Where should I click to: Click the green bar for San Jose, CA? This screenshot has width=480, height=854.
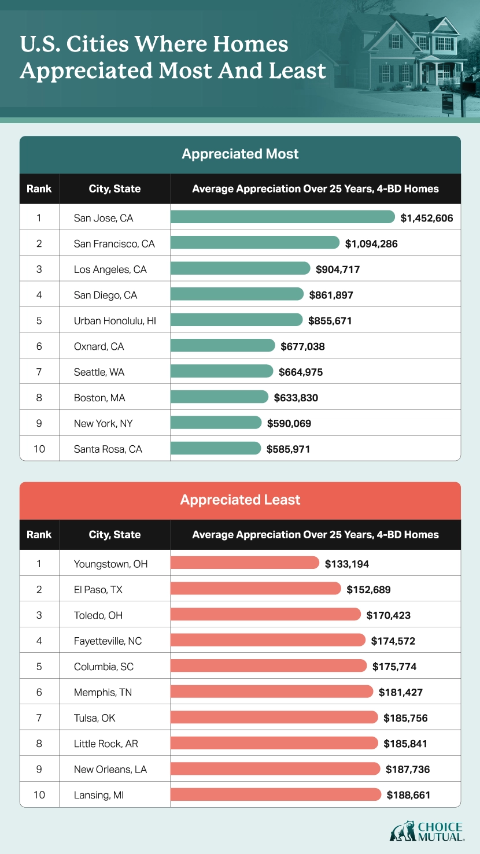282,217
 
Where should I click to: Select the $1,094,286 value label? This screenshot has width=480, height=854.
371,243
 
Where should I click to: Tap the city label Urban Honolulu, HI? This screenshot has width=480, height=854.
115,320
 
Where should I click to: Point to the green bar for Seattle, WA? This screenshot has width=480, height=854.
221,371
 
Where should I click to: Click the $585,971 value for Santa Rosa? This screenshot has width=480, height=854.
289,449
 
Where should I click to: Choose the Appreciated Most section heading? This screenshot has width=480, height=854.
240,154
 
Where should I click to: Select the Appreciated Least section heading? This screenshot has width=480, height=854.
240,500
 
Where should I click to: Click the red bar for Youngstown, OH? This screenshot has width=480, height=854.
245,563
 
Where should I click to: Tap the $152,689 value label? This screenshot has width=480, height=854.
369,590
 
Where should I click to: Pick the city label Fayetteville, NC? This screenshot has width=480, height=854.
108,641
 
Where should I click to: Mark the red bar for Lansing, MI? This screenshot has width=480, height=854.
276,795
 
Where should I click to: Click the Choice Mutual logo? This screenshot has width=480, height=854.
427,831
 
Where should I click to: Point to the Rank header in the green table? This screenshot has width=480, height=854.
39,188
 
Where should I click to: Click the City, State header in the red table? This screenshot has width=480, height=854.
115,534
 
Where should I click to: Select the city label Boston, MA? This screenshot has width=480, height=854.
99,398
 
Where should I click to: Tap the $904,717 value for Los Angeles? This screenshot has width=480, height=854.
338,269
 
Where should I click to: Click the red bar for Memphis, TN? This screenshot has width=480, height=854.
272,692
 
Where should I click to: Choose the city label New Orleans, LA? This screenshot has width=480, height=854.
110,769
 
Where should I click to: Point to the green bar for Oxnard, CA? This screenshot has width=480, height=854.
223,346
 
